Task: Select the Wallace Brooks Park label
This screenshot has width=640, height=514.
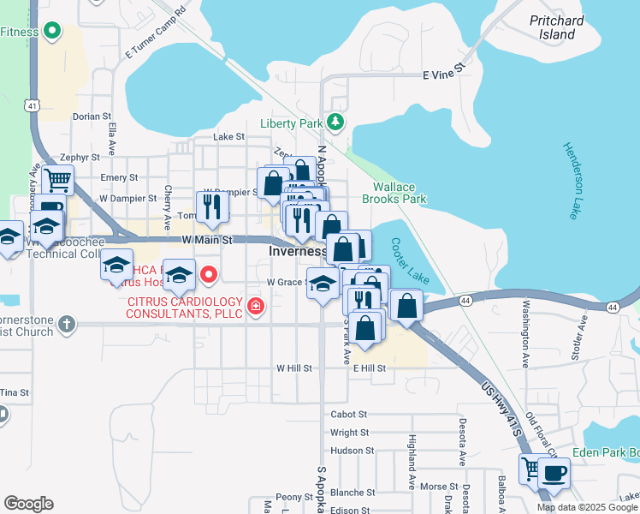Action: [400, 193]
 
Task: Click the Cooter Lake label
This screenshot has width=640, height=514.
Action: [410, 261]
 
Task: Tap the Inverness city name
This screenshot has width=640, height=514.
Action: [297, 252]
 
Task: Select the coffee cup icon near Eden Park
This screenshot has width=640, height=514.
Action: [554, 473]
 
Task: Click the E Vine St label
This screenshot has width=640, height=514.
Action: [443, 75]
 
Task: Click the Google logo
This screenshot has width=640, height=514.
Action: [28, 503]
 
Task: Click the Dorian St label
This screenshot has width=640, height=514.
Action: [92, 116]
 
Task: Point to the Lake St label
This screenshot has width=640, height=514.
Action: [228, 136]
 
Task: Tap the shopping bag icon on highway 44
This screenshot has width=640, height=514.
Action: [407, 306]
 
